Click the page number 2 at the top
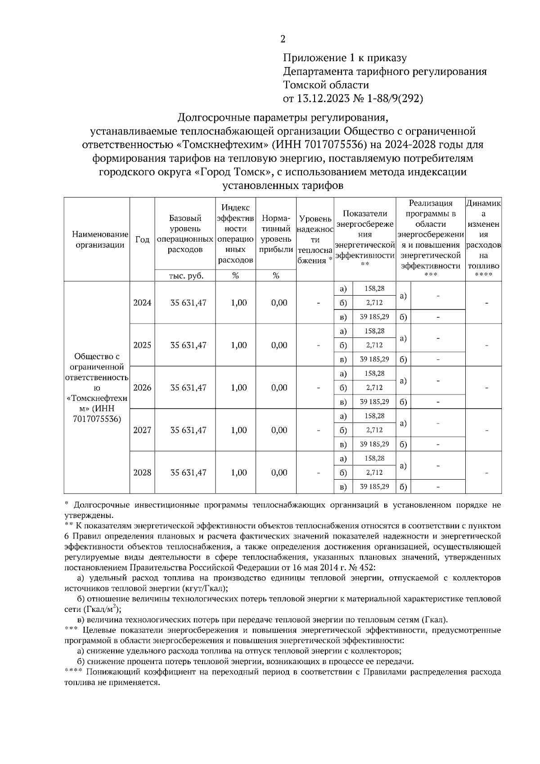283,39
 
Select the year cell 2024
142,303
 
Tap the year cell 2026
142,388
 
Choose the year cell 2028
142,473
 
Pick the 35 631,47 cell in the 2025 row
188,346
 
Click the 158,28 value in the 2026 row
374,373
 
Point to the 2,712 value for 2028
374,473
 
